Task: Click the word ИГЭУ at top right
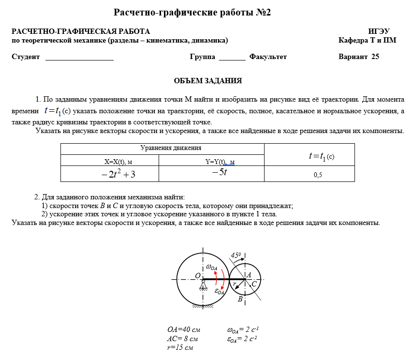click(379, 31)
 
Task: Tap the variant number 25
click(375, 57)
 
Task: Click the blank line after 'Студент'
click(79, 58)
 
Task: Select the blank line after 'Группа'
click(232, 58)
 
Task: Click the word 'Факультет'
click(268, 57)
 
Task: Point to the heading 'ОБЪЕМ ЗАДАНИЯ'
click(207, 81)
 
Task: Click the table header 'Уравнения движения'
click(171, 148)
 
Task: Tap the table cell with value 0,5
click(318, 175)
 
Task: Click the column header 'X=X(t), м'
click(118, 162)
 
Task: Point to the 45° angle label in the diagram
click(236, 255)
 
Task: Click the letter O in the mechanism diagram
click(198, 275)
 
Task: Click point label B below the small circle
click(240, 299)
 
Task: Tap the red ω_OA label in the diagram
click(211, 267)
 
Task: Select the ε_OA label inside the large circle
click(220, 291)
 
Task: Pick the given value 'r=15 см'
click(180, 347)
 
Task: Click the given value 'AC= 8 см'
click(183, 339)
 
